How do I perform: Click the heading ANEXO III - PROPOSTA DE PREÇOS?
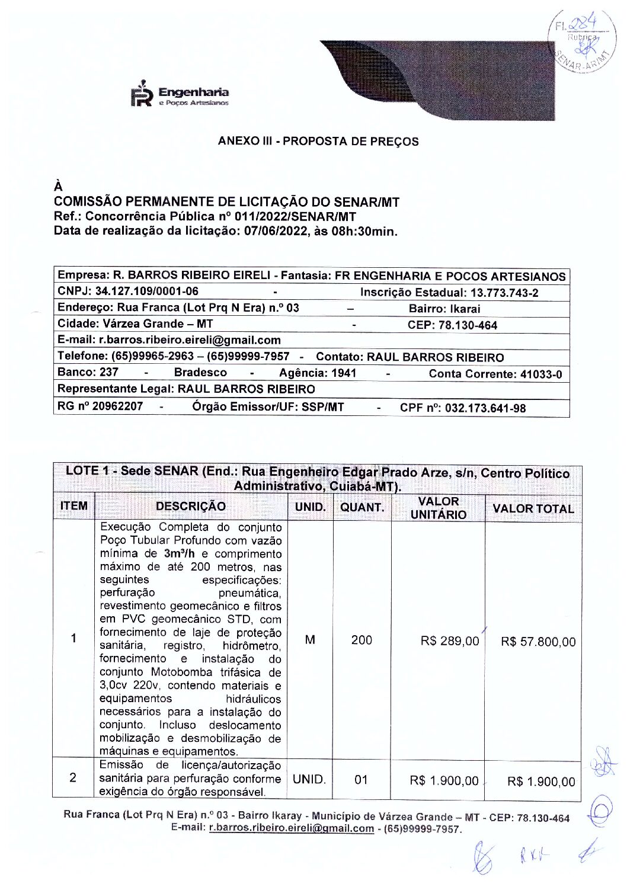[x=318, y=142]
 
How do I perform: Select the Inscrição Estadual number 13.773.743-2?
[x=504, y=293]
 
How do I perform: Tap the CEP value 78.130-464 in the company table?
[x=468, y=325]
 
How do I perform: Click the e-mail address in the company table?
[x=190, y=340]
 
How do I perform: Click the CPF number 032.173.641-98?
[x=485, y=408]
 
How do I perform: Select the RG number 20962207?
[x=117, y=406]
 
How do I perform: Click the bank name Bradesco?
[x=200, y=373]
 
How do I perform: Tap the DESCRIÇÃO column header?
[x=190, y=507]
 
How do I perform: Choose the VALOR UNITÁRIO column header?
[x=439, y=508]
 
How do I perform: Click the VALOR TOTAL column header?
[x=533, y=509]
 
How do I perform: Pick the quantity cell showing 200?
[x=362, y=641]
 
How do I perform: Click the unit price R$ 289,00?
[x=450, y=641]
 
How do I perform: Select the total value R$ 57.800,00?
[x=538, y=642]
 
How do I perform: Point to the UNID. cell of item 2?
[x=309, y=780]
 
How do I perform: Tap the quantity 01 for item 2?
[x=362, y=780]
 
